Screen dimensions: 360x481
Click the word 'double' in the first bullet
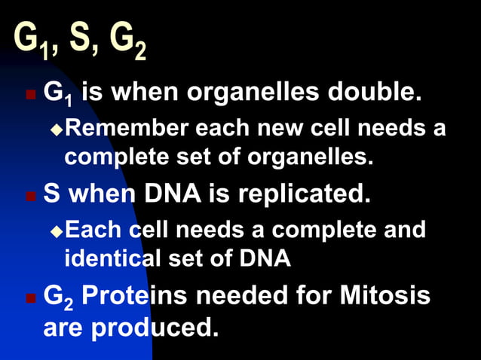coord(378,93)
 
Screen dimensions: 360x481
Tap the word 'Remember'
coord(128,129)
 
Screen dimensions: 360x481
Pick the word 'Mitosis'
coord(385,295)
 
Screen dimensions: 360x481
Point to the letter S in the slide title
coord(81,41)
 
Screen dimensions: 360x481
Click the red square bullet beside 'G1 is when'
coord(30,96)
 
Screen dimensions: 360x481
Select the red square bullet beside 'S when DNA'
coord(30,197)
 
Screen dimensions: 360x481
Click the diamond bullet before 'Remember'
coord(55,130)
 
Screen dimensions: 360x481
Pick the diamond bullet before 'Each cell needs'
coord(55,230)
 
